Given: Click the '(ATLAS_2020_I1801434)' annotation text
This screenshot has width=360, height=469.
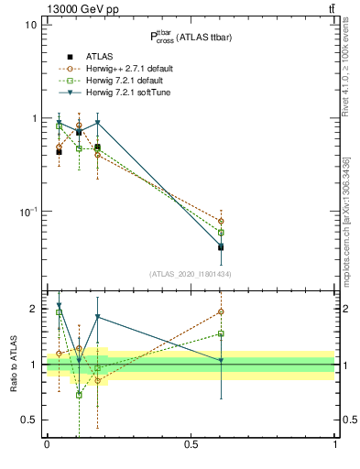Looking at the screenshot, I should pos(191,274).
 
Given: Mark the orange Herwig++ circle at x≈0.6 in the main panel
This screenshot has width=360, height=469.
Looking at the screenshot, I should pos(221,221).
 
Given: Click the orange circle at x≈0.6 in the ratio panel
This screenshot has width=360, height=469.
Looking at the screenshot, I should pos(221,311).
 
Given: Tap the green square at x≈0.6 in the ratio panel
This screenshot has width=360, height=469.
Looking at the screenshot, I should pos(221,333).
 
